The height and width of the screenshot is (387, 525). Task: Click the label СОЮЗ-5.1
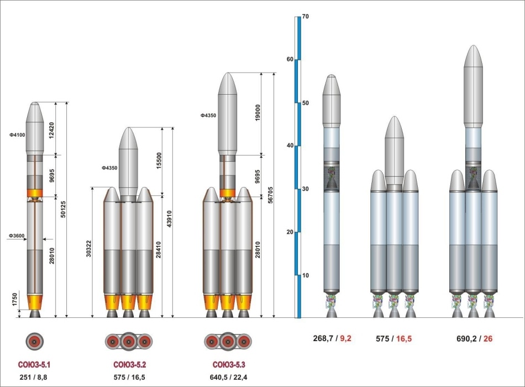pyautogui.click(x=34, y=365)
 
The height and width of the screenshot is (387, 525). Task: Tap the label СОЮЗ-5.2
pyautogui.click(x=129, y=365)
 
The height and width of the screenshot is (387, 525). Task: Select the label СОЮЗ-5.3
pyautogui.click(x=229, y=365)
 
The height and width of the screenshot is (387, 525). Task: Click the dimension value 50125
pyautogui.click(x=62, y=209)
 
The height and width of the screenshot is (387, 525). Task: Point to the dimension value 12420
pyautogui.click(x=51, y=131)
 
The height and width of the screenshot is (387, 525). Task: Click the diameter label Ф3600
pyautogui.click(x=17, y=236)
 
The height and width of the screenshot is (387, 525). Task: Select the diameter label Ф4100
pyautogui.click(x=17, y=135)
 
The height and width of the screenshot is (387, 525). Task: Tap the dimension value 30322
pyautogui.click(x=88, y=249)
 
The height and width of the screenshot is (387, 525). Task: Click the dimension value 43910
pyautogui.click(x=169, y=219)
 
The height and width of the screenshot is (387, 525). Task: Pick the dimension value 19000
pyautogui.click(x=258, y=113)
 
